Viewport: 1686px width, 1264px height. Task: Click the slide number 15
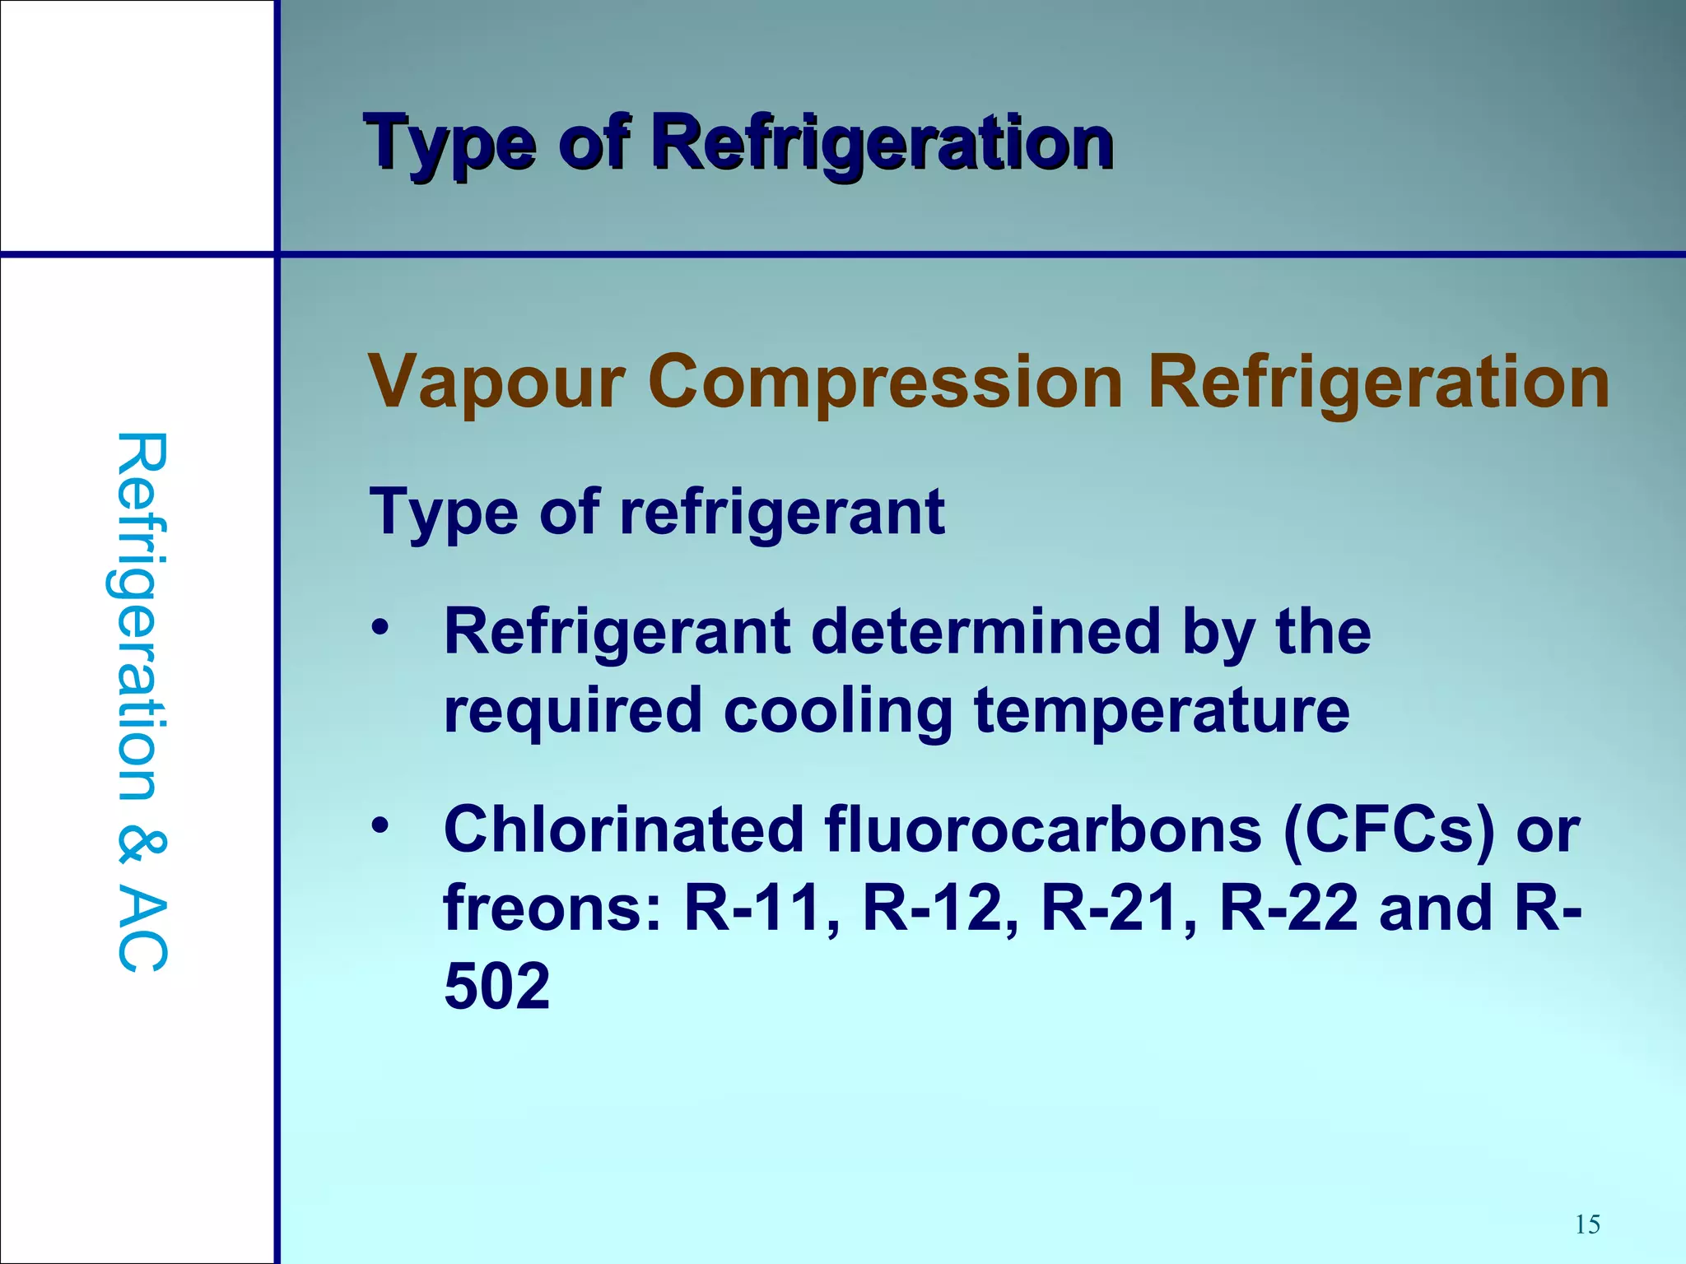click(x=1587, y=1224)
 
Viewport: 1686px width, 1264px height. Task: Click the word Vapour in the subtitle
click(x=496, y=383)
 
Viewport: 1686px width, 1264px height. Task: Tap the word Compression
click(x=886, y=383)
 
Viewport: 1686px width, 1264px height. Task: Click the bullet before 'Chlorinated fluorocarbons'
click(x=379, y=825)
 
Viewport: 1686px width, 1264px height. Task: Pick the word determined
click(x=986, y=632)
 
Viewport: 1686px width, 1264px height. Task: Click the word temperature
click(x=1162, y=711)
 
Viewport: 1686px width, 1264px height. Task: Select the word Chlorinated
click(x=623, y=829)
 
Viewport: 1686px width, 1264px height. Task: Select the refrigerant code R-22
click(x=1288, y=908)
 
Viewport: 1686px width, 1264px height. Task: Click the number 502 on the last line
click(x=497, y=986)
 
